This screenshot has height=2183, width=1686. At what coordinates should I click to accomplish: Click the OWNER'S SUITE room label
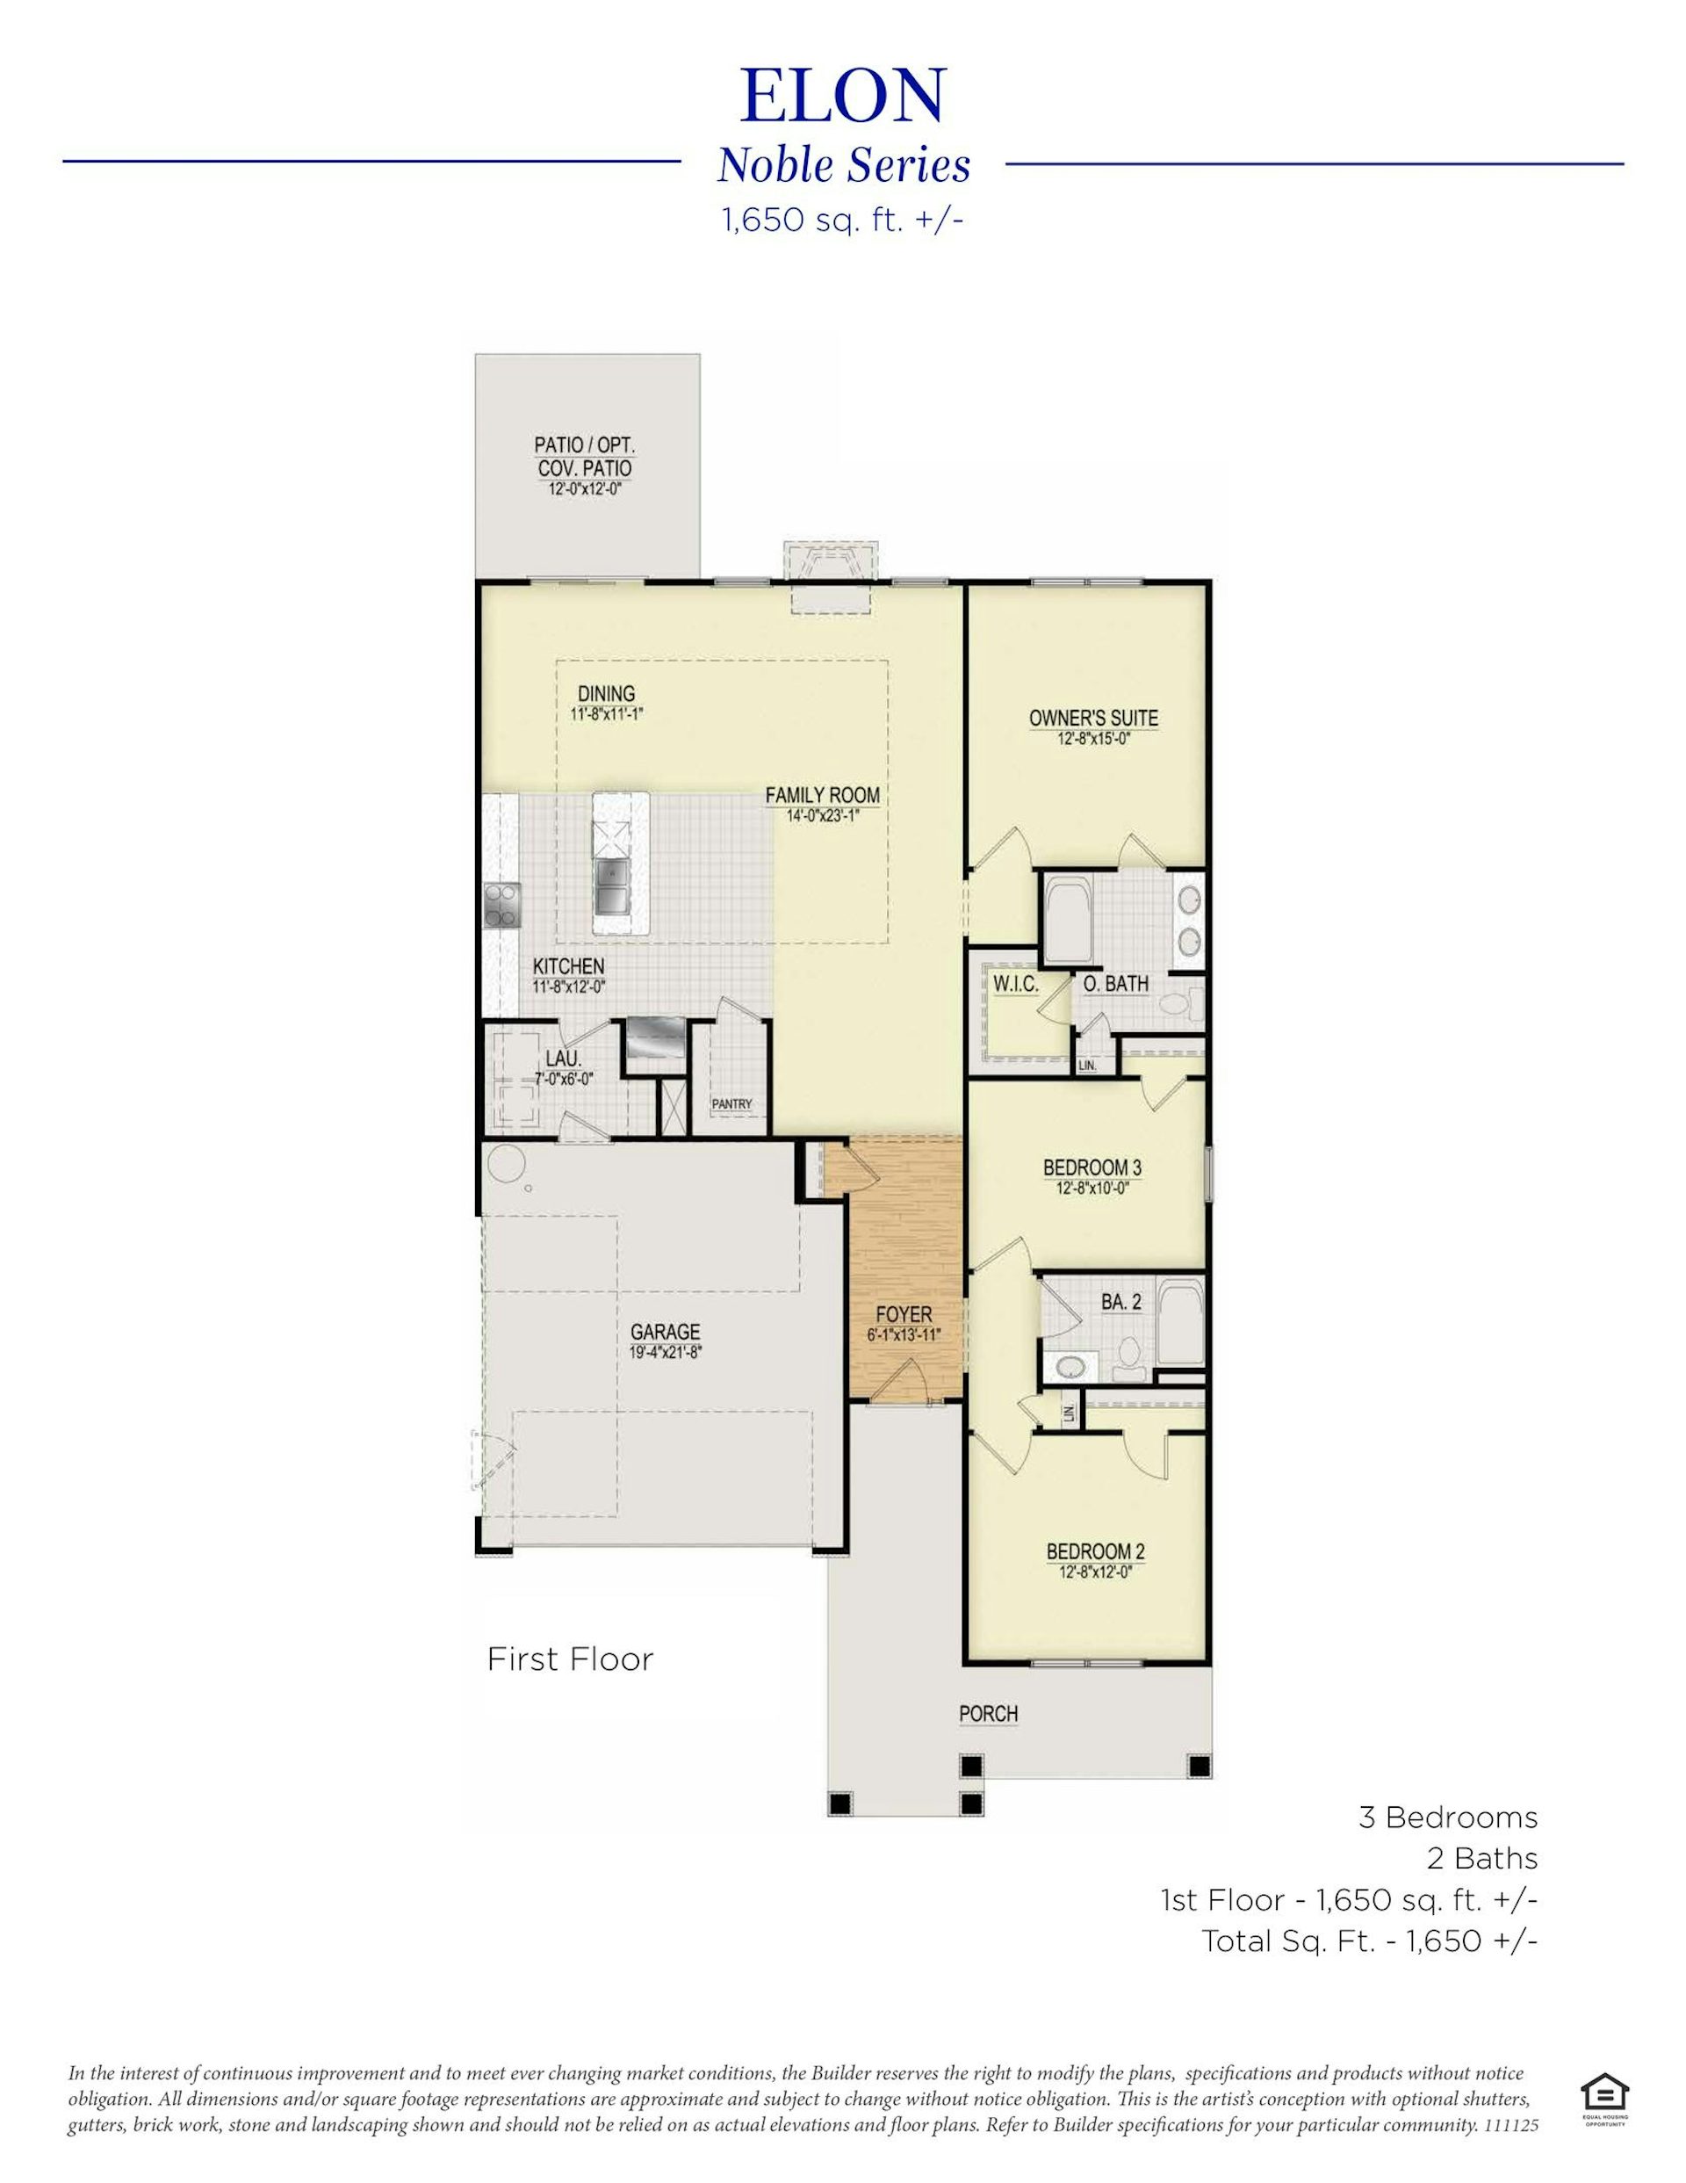1093,718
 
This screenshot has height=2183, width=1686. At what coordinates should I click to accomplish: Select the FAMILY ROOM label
823,796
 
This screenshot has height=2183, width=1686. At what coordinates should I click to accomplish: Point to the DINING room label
606,694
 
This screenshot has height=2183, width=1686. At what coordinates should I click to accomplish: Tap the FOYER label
904,1314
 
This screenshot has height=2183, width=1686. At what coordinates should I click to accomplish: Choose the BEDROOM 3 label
1092,1167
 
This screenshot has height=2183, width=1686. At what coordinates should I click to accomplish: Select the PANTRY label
731,1104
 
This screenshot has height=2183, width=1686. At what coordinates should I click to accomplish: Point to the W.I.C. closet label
1015,985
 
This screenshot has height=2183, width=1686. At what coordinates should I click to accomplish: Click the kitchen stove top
501,906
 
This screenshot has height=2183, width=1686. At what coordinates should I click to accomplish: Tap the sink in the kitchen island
609,885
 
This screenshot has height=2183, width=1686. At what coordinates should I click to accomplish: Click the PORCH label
989,1714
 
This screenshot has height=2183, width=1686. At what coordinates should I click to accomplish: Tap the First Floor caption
570,1659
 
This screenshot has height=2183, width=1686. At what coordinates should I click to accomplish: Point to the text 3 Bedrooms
1448,1818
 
